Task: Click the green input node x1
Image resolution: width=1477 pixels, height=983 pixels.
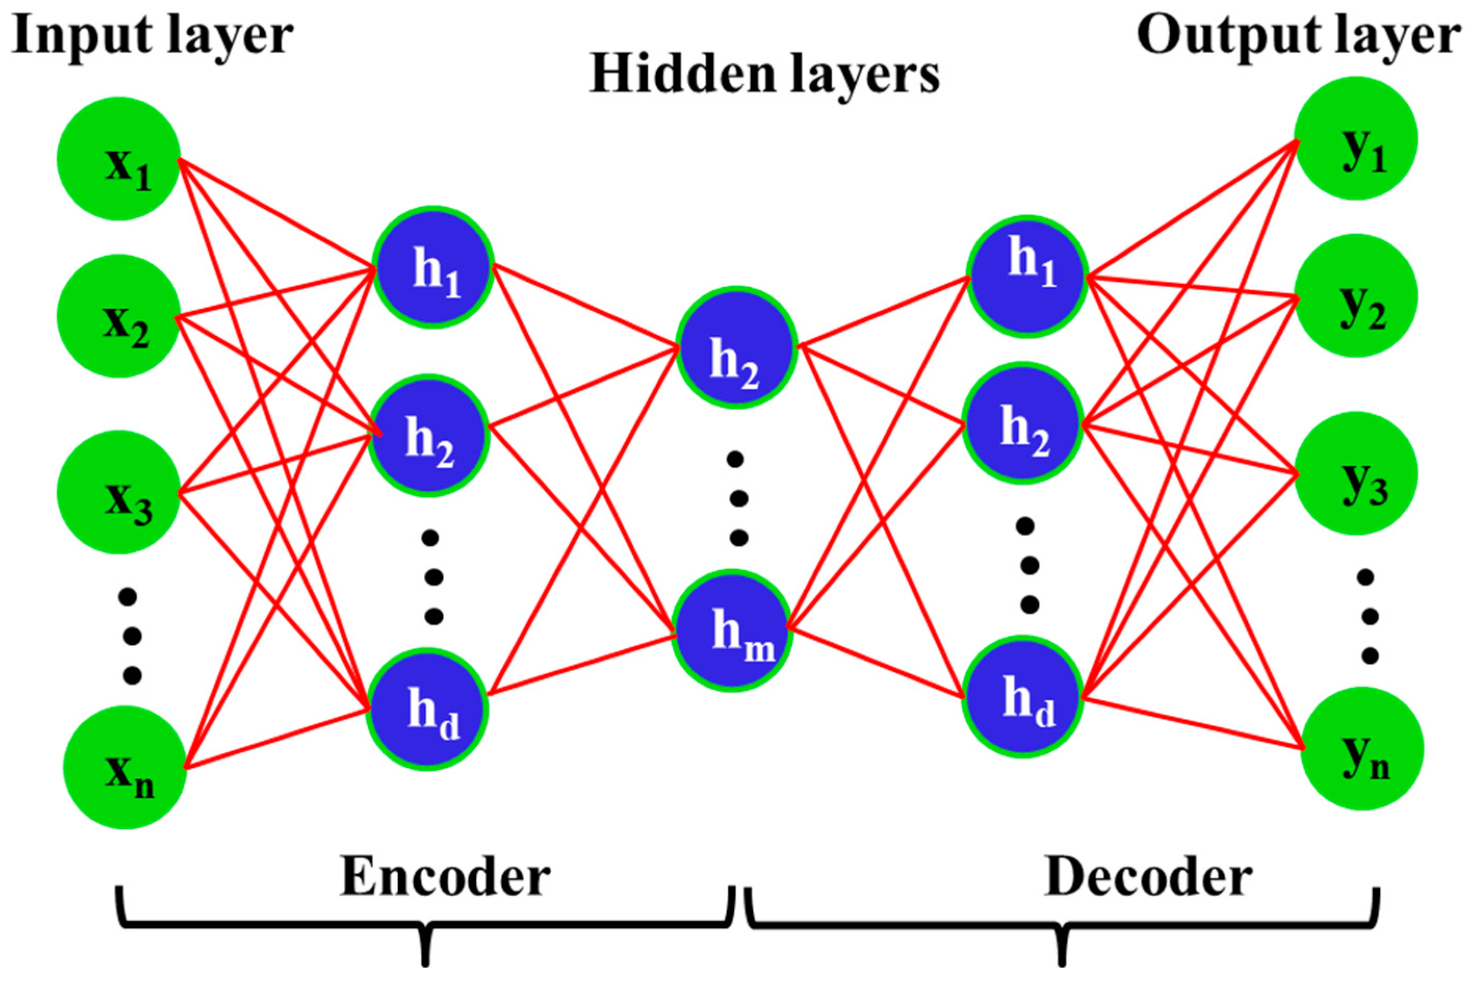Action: click(x=119, y=159)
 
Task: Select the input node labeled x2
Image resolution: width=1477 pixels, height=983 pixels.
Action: click(x=119, y=316)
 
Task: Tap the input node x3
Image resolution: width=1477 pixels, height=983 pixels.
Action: click(x=119, y=492)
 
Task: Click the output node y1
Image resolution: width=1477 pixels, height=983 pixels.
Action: click(x=1356, y=138)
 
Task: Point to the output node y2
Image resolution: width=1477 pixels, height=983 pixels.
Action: click(x=1356, y=295)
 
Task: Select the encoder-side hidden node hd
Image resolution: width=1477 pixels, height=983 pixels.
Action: click(x=427, y=710)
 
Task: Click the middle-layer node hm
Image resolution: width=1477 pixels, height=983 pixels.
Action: click(x=731, y=630)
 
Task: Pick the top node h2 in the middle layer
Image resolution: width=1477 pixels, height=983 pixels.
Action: click(x=737, y=348)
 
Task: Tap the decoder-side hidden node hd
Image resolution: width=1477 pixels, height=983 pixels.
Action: click(x=1023, y=697)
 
